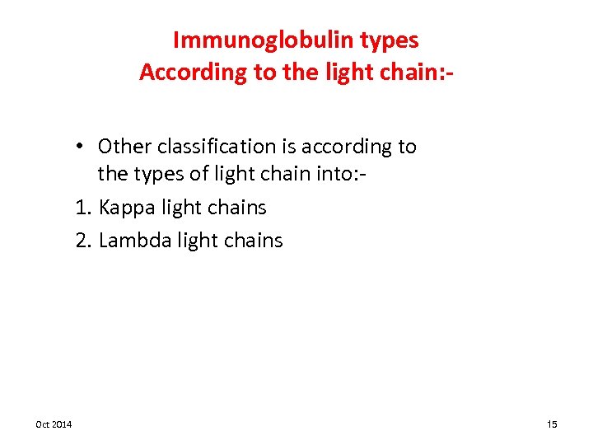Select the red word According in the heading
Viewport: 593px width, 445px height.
182,73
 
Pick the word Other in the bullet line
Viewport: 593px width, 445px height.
124,147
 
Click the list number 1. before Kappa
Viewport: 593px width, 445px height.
83,208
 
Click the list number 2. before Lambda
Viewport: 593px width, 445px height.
83,241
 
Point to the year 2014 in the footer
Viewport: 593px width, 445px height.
63,424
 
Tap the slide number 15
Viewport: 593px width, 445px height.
552,424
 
